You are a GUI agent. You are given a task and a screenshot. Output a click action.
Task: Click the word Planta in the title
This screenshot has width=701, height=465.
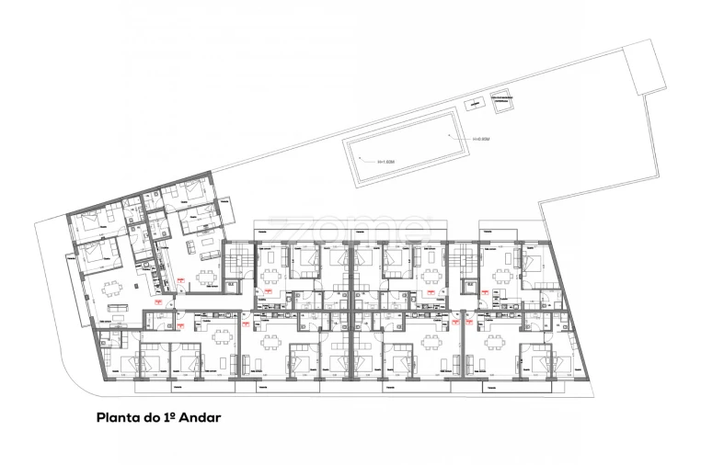117,416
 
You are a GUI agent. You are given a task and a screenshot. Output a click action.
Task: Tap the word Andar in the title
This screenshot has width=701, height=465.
201,416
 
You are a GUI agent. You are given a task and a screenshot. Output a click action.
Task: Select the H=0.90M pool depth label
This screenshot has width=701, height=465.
480,140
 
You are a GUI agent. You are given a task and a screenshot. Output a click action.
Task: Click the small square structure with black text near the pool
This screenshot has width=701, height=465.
502,104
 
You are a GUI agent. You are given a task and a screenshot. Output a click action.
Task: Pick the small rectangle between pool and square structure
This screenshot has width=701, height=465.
474,104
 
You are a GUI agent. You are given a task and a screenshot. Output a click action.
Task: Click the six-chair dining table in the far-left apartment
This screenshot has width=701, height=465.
114,291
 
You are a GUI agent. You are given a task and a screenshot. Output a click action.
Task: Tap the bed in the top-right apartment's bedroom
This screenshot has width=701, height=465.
532,260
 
